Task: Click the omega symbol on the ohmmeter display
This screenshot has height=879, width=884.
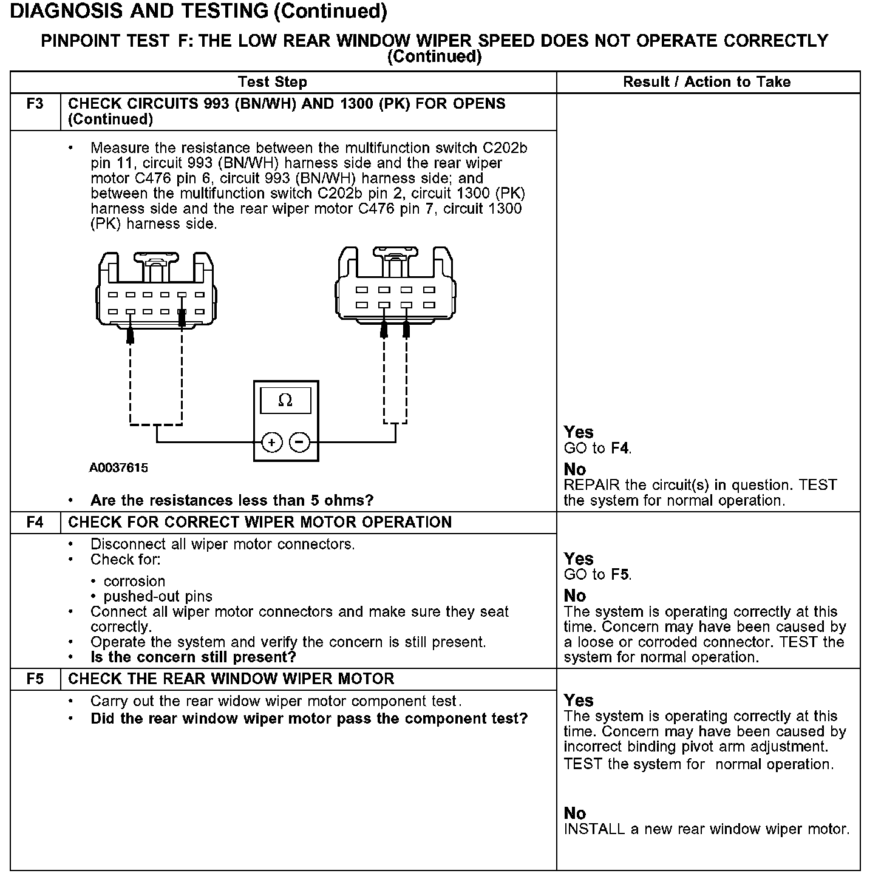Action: tap(285, 400)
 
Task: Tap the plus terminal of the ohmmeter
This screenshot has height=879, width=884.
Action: tap(271, 443)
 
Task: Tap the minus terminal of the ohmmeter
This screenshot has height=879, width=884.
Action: tap(299, 443)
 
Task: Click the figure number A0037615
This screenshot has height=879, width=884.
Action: tap(118, 468)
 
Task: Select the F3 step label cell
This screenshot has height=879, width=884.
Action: tap(35, 104)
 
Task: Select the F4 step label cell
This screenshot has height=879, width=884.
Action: tap(35, 522)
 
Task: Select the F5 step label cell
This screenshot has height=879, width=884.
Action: tap(35, 679)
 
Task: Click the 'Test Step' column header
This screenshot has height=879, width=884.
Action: tap(273, 82)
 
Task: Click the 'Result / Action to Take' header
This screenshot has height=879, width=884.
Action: tap(707, 82)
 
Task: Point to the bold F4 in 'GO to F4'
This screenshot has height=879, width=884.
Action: tap(620, 449)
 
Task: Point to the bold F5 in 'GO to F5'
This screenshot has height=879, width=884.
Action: tap(620, 574)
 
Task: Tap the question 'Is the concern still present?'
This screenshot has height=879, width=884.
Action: tap(193, 657)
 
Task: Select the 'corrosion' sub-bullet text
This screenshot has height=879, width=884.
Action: tap(134, 581)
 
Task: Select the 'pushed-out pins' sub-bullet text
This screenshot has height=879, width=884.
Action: tap(158, 596)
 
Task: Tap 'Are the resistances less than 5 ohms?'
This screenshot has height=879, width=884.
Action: tap(232, 500)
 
